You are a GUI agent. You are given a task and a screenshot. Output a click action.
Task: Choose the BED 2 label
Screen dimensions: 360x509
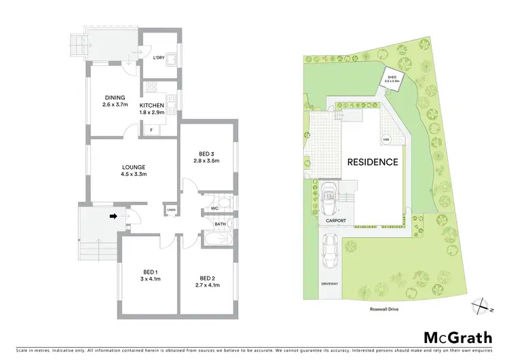point(207,278)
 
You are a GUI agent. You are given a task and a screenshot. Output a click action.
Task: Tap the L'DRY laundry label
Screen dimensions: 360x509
point(158,58)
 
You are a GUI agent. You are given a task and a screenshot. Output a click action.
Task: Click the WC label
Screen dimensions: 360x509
point(214,208)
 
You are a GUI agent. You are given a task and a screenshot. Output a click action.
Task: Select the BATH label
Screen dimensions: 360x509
point(221,223)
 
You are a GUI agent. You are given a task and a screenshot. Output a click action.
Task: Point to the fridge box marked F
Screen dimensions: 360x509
point(150,128)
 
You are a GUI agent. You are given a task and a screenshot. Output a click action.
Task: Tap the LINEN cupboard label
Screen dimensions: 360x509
point(172,210)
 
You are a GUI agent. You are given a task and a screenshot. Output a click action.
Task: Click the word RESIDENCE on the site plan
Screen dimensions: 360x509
point(373,162)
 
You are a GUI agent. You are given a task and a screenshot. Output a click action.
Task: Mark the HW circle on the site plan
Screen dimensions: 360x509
point(386,140)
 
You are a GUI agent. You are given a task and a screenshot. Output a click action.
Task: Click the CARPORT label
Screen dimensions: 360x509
point(336,221)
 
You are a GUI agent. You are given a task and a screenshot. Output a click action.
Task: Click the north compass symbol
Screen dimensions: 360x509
point(483,304)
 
